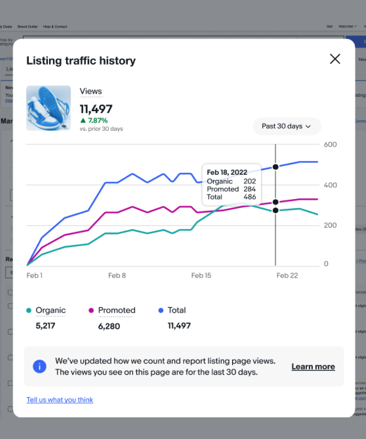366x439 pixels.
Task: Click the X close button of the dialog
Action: click(335, 59)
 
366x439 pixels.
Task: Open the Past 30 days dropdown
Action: click(286, 126)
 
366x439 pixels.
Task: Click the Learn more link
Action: click(313, 366)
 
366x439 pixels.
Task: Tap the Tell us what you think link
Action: click(60, 400)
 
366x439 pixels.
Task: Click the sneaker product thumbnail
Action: click(48, 108)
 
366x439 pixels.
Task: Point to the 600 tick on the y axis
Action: click(330, 145)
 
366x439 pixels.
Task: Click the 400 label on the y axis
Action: click(330, 185)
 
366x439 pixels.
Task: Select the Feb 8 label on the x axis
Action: click(117, 276)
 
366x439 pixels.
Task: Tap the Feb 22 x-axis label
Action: click(287, 276)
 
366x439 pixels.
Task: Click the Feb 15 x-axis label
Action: click(201, 276)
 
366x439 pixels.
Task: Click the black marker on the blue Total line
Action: click(275, 167)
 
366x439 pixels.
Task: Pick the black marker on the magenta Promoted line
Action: click(275, 202)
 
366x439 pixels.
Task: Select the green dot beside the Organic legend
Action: click(29, 310)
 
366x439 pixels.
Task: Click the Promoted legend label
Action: click(117, 310)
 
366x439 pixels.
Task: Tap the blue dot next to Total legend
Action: click(161, 310)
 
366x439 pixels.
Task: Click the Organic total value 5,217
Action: click(45, 326)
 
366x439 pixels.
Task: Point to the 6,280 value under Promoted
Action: click(109, 326)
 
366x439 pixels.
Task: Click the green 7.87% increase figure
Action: click(98, 120)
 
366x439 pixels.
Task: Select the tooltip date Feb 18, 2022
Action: click(227, 172)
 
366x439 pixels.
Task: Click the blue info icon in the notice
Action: click(40, 366)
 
